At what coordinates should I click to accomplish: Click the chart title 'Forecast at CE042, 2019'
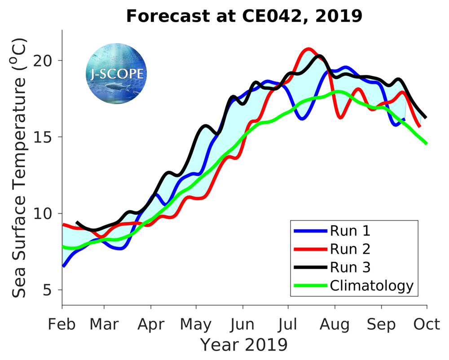[x=244, y=16]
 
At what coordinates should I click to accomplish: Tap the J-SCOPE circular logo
[x=115, y=74]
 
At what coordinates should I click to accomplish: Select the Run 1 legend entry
[x=350, y=231]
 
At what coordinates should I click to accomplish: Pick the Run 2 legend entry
[x=350, y=249]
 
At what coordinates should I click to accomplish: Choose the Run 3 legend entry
[x=350, y=268]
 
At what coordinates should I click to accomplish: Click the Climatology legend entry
[x=371, y=285]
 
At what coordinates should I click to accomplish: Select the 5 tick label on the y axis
[x=52, y=290]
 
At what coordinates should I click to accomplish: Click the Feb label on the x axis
[x=62, y=324]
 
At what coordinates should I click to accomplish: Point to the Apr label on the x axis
[x=151, y=324]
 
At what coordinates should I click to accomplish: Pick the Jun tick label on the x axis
[x=242, y=324]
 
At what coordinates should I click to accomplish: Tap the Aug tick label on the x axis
[x=335, y=324]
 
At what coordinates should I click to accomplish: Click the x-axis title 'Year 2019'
[x=244, y=345]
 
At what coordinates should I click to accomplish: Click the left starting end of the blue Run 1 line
[x=63, y=266]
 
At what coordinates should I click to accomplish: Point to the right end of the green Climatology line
[x=426, y=143]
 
